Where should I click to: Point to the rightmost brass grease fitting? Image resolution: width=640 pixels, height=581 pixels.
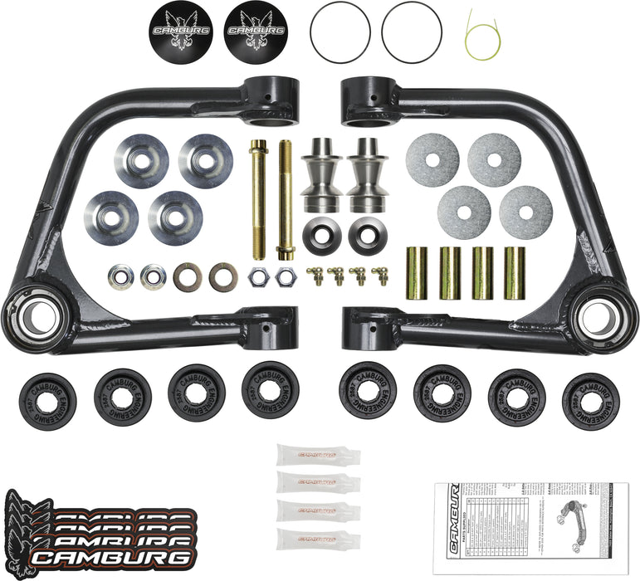pos(382,276)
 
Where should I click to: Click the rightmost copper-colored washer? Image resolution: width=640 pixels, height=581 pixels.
pos(222,277)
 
